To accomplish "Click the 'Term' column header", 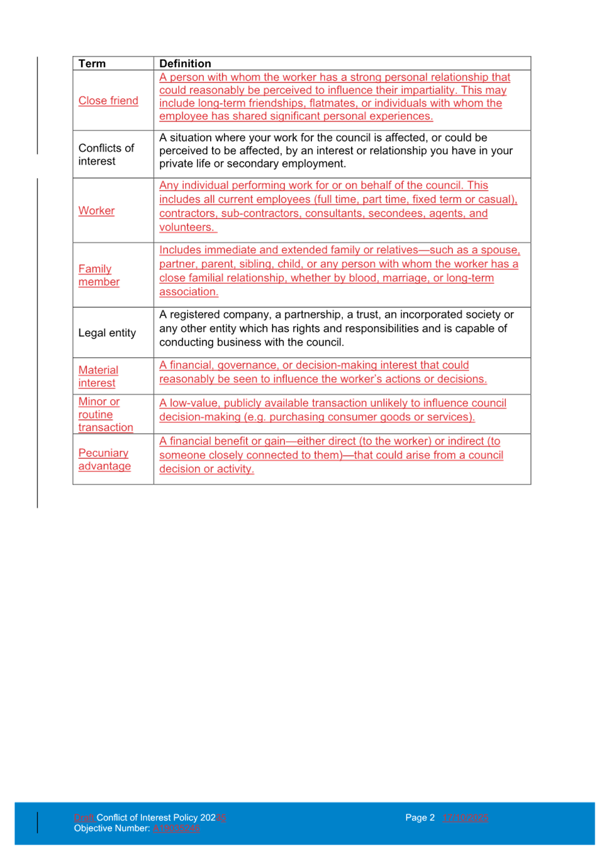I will [92, 64].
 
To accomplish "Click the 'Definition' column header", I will [185, 64].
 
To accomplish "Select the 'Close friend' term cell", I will [108, 101].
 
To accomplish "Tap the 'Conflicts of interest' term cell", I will [106, 154].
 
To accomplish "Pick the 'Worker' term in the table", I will [96, 211].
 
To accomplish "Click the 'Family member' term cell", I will [99, 276].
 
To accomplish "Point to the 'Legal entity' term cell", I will [106, 333].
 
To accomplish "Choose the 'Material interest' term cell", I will [98, 376].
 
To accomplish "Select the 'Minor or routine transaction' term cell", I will [105, 414].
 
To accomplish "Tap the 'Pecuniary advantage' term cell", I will [104, 459].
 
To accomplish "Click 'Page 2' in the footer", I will [420, 818].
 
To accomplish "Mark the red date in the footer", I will [466, 818].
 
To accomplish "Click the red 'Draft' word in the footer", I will [84, 818].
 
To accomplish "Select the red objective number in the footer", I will [176, 828].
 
